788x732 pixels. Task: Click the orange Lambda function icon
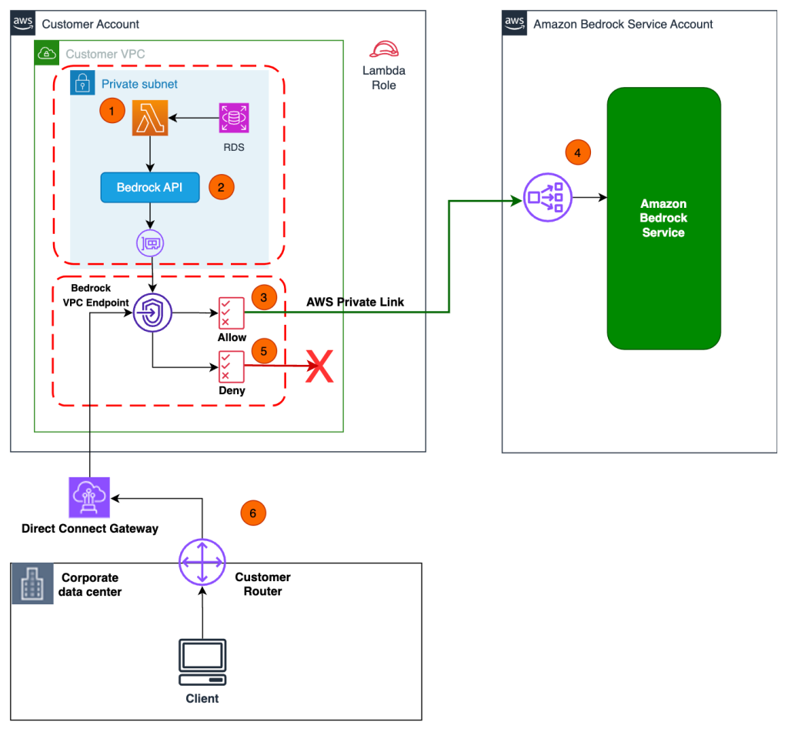(150, 119)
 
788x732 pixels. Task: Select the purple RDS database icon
(233, 119)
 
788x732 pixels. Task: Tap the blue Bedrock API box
(150, 187)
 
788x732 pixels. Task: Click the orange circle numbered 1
(113, 111)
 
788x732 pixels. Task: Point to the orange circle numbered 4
(577, 152)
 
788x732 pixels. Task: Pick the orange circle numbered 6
(253, 513)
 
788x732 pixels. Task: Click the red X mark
(319, 366)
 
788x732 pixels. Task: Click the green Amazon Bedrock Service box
(663, 219)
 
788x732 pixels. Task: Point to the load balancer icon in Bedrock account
(546, 198)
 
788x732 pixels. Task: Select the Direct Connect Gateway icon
(89, 497)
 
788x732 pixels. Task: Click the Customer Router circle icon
(202, 563)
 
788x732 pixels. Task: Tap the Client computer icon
(202, 662)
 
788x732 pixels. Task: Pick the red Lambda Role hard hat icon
(383, 51)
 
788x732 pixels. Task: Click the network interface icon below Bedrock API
(150, 243)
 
